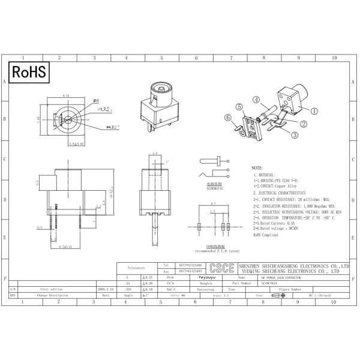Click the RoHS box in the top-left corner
(29, 73)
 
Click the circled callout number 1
(314, 111)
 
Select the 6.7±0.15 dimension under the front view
(63, 246)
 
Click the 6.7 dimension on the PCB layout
(212, 204)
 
